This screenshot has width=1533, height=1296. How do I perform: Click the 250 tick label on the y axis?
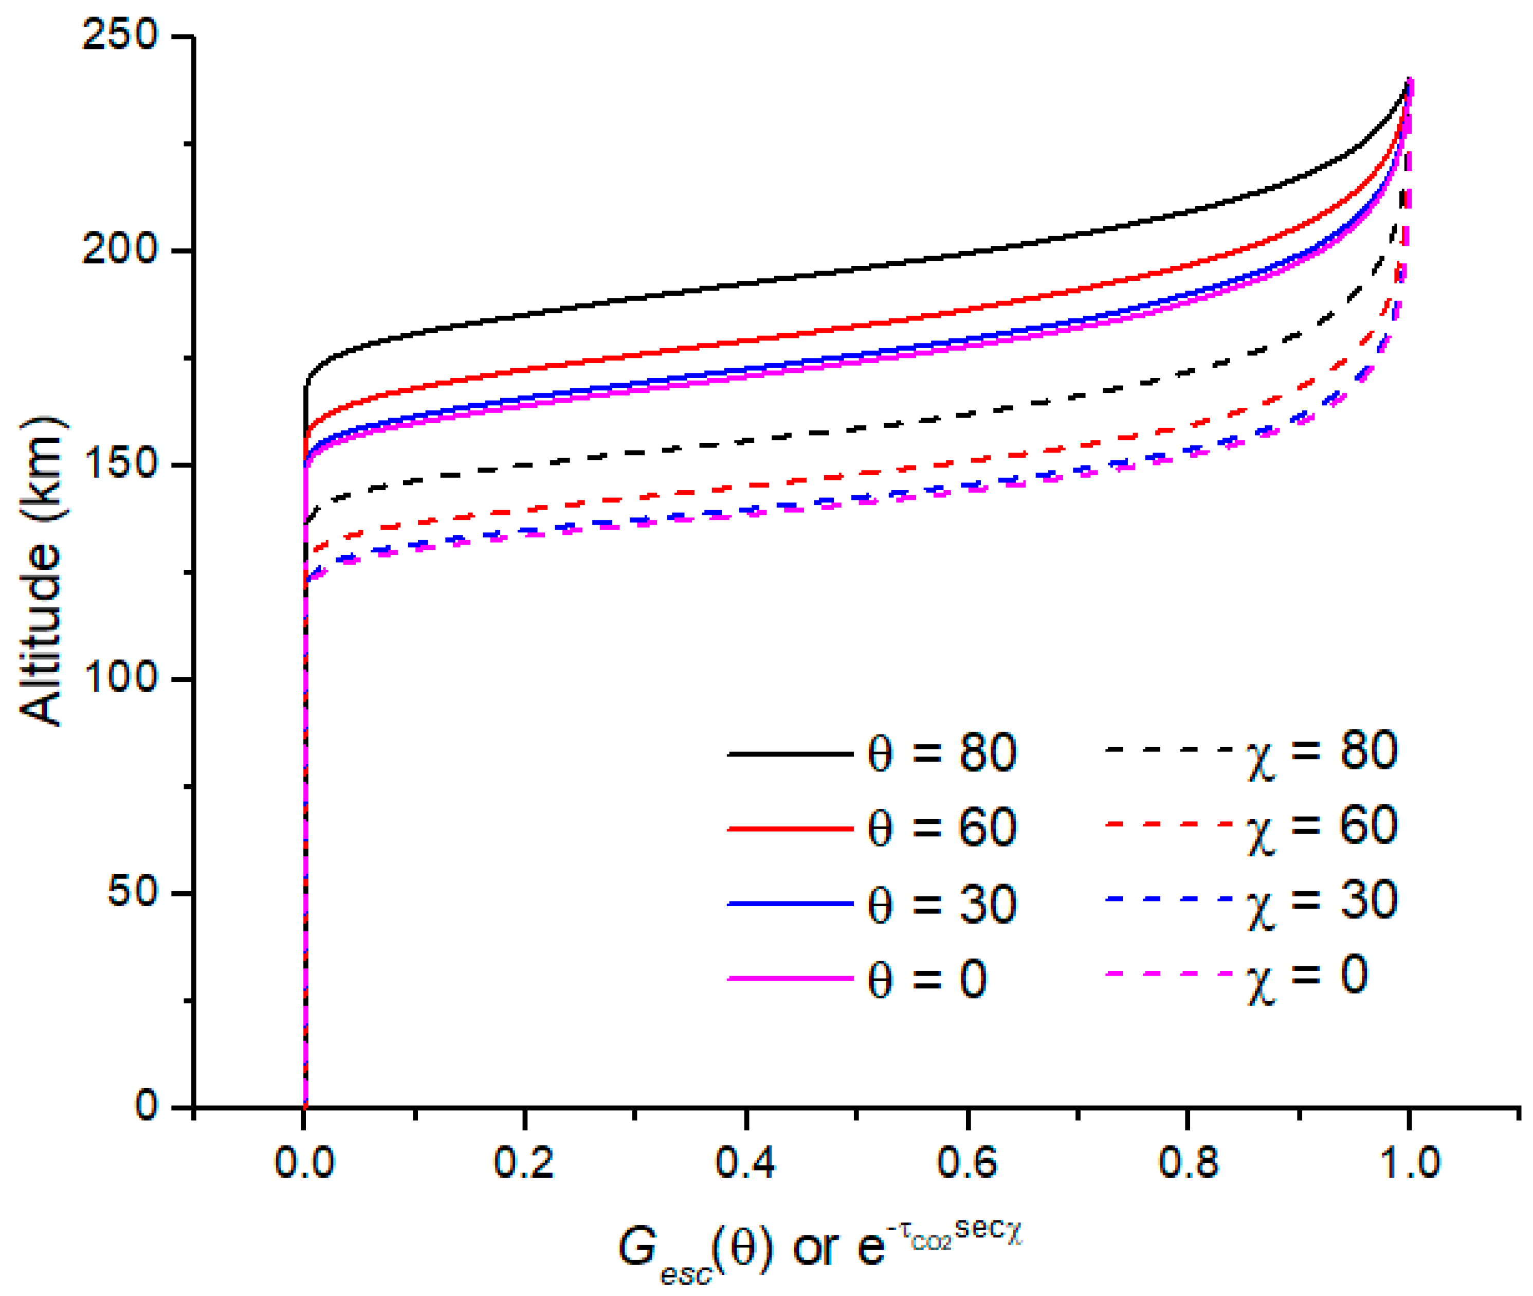point(120,35)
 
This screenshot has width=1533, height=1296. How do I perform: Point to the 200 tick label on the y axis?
point(120,250)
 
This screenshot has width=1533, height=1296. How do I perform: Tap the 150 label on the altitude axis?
point(120,464)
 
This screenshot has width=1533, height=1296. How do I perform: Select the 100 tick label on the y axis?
point(120,678)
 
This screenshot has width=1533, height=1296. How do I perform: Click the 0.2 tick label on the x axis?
point(524,1163)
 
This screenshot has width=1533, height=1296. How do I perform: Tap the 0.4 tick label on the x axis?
point(745,1163)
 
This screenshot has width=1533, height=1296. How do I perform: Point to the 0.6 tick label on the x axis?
point(966,1163)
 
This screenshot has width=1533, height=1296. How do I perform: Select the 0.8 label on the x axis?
point(1187,1163)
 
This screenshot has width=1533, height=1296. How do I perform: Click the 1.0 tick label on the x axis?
point(1408,1163)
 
